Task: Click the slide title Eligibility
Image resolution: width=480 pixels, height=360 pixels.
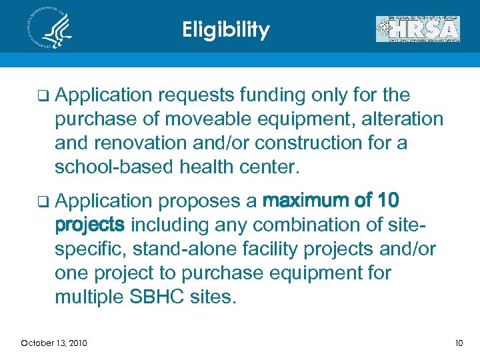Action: pos(226,30)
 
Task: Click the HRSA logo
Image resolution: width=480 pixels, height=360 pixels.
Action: pos(417,29)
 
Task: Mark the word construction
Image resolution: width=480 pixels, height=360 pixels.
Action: pos(318,143)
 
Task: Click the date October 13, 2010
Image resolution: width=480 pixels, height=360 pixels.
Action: pos(53,343)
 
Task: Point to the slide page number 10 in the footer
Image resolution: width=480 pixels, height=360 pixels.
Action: pos(458,343)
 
